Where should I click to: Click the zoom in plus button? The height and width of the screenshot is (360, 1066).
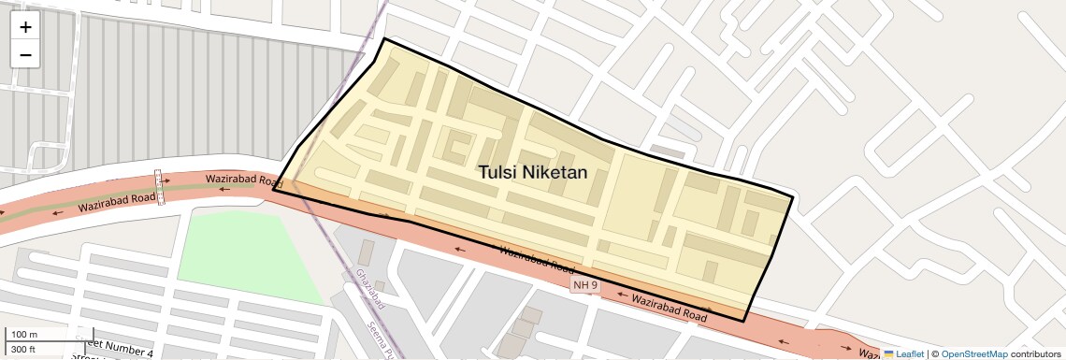pyautogui.click(x=25, y=26)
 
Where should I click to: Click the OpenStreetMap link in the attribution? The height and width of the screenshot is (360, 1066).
pyautogui.click(x=973, y=353)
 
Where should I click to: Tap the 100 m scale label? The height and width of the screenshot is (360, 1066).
pyautogui.click(x=23, y=335)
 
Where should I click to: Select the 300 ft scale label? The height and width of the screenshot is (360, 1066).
pyautogui.click(x=23, y=349)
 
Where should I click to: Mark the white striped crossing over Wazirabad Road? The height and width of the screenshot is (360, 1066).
pyautogui.click(x=159, y=187)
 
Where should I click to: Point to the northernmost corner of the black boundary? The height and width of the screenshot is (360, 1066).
pyautogui.click(x=383, y=39)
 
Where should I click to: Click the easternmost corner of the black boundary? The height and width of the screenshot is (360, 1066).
pyautogui.click(x=792, y=196)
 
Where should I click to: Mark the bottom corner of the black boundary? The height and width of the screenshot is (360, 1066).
pyautogui.click(x=743, y=321)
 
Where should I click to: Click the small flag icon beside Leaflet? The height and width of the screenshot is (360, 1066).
pyautogui.click(x=888, y=353)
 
